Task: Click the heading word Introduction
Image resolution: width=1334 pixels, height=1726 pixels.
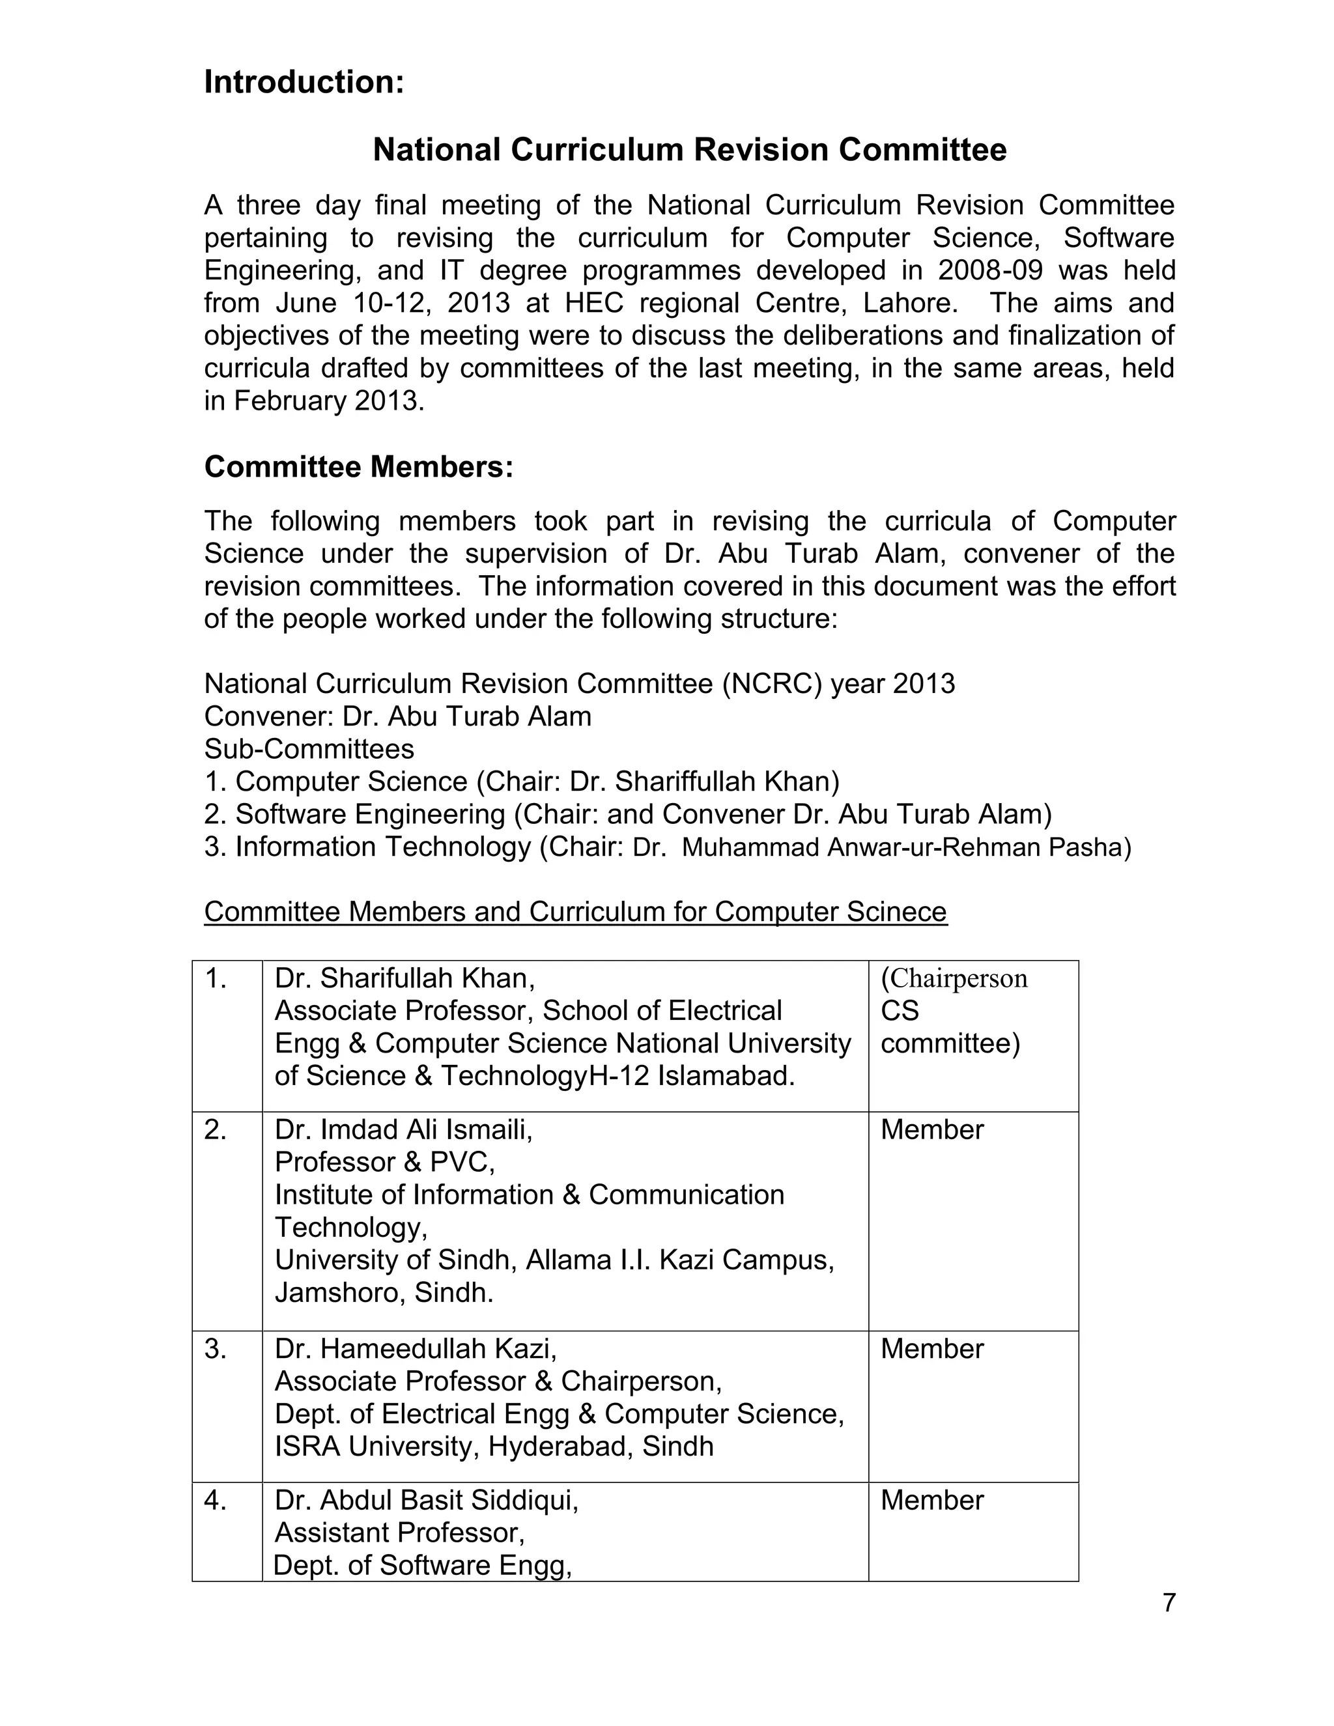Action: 304,82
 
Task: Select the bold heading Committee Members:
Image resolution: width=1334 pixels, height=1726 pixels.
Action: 359,467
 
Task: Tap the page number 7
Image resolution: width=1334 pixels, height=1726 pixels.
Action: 1169,1604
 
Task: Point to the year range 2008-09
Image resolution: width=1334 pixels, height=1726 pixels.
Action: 990,270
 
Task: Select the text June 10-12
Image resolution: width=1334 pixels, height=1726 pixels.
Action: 331,303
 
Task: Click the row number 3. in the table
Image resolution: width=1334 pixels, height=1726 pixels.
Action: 216,1348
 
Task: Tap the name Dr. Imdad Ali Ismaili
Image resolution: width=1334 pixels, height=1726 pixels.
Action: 403,1129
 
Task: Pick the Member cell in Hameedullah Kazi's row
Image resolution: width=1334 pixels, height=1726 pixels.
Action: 931,1348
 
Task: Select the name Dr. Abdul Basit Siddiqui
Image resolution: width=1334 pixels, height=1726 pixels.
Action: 426,1500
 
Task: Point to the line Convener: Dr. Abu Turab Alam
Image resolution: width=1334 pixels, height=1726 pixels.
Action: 397,716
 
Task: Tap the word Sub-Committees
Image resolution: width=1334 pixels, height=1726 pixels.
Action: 309,748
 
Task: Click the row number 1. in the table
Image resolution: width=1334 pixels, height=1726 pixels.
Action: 216,978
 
